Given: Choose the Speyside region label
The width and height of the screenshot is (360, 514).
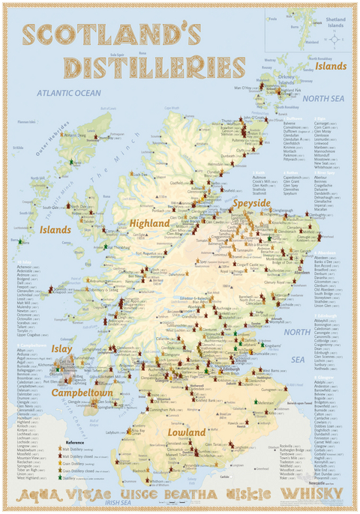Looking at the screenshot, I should click(x=250, y=203).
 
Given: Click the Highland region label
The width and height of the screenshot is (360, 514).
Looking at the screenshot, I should click(x=149, y=223).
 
